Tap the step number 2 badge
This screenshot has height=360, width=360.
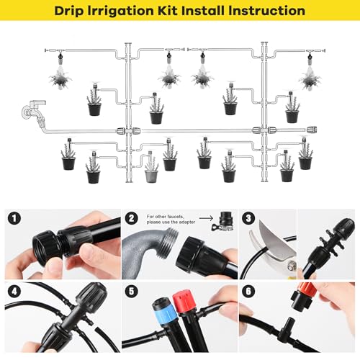click(x=131, y=217)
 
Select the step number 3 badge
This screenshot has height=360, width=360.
click(x=248, y=217)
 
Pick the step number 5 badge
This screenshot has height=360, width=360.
click(x=131, y=292)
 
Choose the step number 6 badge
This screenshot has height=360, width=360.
click(x=248, y=292)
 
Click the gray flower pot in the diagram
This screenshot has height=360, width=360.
click(x=151, y=174)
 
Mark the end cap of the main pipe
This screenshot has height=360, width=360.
click(x=311, y=130)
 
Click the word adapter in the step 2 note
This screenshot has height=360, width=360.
click(x=182, y=222)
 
